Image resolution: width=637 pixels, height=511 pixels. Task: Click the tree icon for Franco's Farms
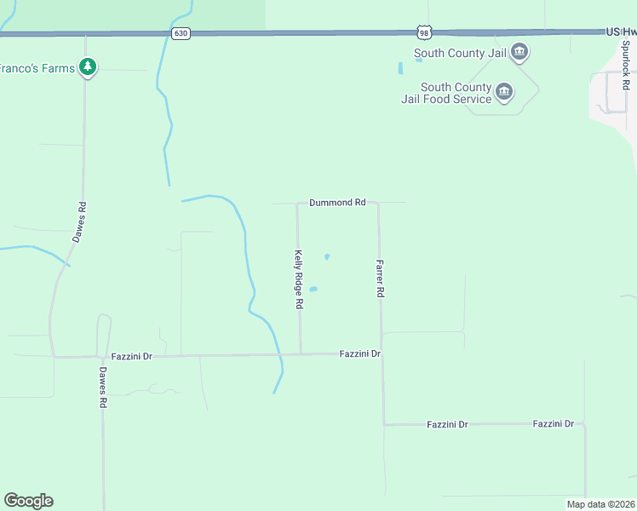[x=87, y=66]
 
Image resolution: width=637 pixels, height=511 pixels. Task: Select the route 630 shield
[x=180, y=33]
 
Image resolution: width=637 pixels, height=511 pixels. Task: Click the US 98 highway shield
[x=425, y=32]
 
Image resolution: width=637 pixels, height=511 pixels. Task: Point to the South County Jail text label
[x=460, y=53]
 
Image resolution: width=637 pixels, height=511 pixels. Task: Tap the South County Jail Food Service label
[x=456, y=93]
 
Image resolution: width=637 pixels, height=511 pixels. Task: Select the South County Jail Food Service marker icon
[x=504, y=92]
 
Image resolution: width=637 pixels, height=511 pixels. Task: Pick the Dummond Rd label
[x=337, y=203]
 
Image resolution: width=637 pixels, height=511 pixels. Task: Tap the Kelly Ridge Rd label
[x=299, y=279]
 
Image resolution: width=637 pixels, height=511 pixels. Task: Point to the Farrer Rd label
[x=381, y=278]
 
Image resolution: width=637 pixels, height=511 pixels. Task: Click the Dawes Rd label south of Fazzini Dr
[x=102, y=388]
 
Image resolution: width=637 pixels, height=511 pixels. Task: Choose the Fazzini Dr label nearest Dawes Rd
[x=131, y=355]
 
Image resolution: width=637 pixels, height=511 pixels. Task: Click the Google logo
[x=28, y=501]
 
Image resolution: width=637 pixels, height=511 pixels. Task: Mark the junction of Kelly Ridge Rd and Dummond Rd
[x=297, y=204]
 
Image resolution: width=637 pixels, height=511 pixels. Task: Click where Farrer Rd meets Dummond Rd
[x=378, y=204]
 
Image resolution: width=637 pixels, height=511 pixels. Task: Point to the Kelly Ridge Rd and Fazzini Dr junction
[x=300, y=353]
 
